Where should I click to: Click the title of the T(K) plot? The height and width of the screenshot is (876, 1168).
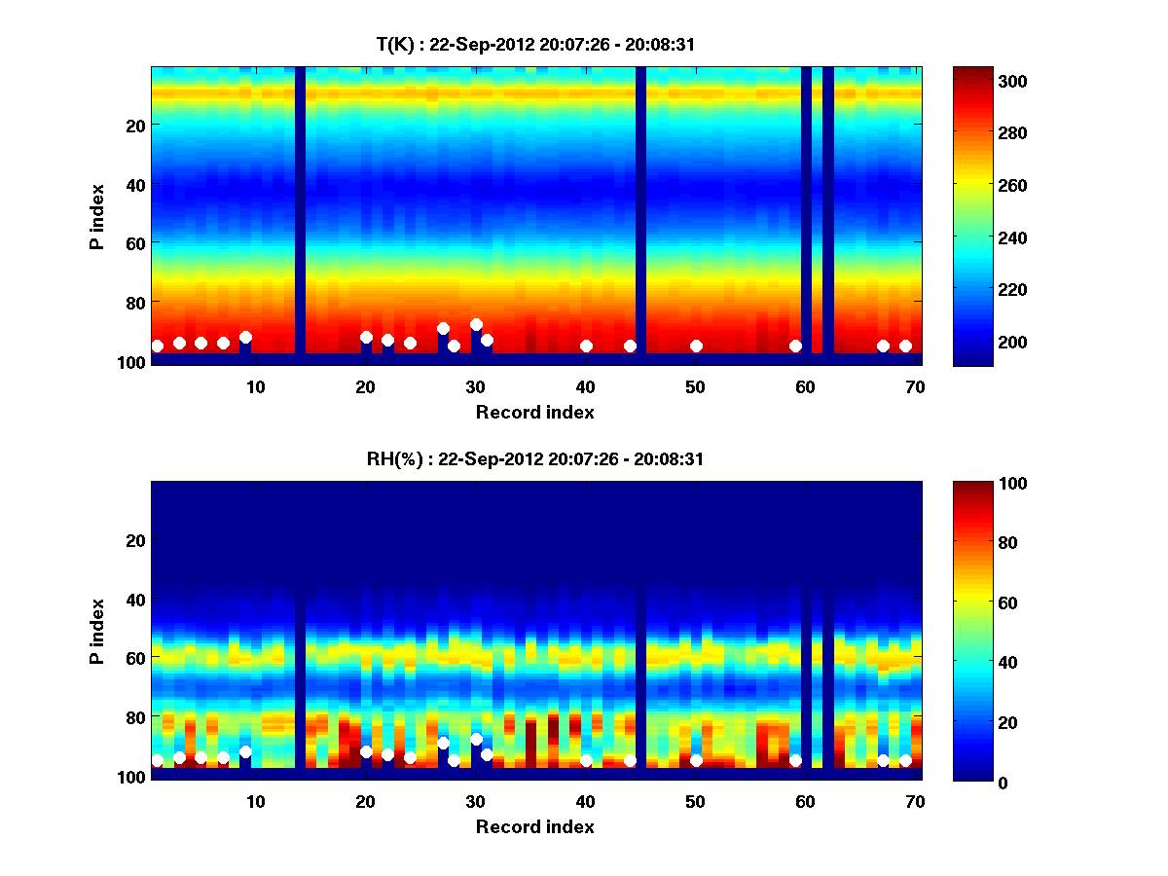[x=534, y=44]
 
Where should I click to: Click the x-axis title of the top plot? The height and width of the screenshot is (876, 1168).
[x=534, y=412]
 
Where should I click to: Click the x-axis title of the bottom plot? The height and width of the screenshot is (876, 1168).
[x=534, y=826]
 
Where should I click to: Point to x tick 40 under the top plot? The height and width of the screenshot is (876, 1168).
[x=586, y=386]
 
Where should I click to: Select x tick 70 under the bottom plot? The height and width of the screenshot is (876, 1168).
[x=916, y=801]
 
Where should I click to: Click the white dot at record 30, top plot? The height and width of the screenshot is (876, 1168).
[x=476, y=325]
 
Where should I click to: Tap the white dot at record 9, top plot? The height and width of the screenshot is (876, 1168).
[x=245, y=337]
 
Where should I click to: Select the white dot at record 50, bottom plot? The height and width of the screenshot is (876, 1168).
[x=696, y=760]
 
